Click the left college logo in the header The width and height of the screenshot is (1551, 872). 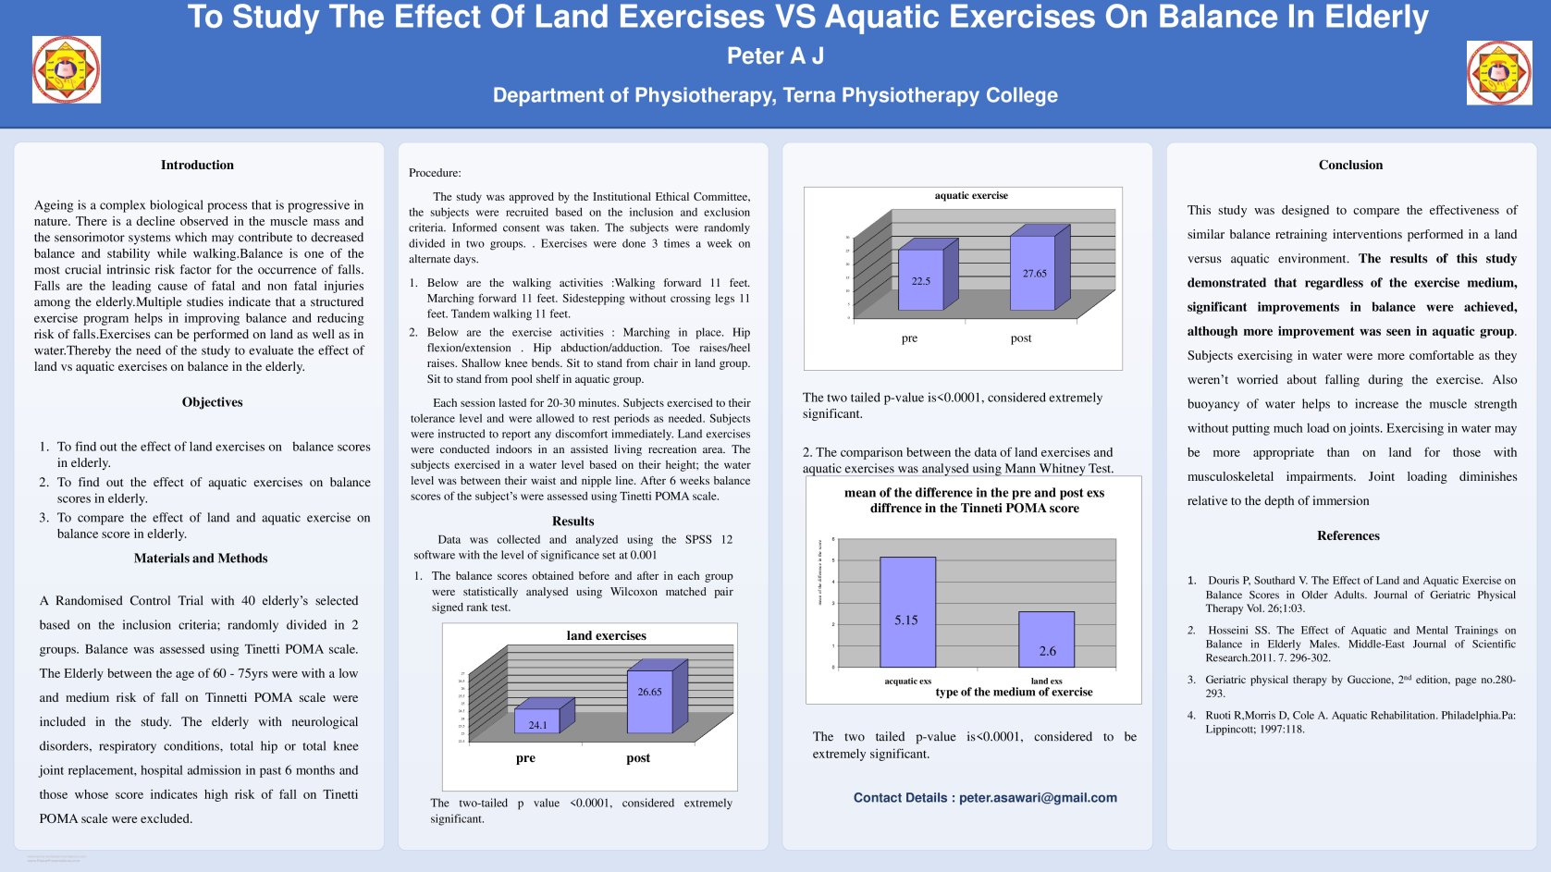[67, 69]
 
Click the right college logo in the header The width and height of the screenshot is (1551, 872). [1498, 73]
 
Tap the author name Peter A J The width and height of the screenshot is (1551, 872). [775, 56]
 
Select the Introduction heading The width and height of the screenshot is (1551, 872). [197, 166]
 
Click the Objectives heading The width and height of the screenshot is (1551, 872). [212, 402]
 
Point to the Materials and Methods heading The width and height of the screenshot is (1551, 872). [201, 559]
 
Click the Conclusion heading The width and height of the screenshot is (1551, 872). [1350, 166]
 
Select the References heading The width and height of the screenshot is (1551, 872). [1348, 536]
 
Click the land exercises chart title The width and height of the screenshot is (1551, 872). [606, 636]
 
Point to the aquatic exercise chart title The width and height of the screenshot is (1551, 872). [971, 196]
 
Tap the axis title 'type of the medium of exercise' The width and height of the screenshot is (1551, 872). [1014, 693]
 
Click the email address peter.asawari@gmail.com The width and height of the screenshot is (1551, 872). [1038, 798]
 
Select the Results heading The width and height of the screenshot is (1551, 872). [572, 522]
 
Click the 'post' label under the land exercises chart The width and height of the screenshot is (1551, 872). [638, 758]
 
